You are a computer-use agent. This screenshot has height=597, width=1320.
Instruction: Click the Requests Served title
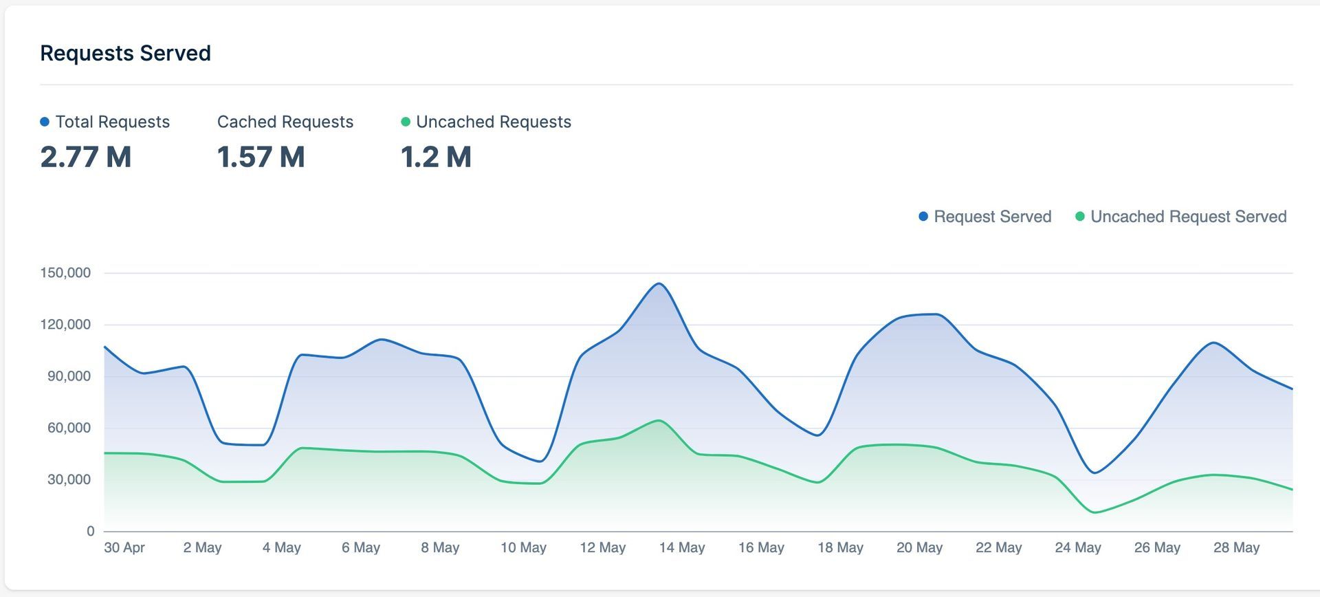[x=125, y=53]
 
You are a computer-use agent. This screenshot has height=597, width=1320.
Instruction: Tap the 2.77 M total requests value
[x=85, y=157]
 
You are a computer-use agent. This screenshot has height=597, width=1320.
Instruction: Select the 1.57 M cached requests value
[x=261, y=157]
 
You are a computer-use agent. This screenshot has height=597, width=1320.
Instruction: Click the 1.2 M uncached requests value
[x=436, y=157]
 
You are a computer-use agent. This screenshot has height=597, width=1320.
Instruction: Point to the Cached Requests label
[x=285, y=122]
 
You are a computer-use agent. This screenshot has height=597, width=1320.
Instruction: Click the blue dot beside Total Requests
[x=45, y=122]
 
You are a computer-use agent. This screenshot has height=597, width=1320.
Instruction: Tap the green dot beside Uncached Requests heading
[x=406, y=122]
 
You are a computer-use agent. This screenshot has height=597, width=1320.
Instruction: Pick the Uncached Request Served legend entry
[x=1180, y=217]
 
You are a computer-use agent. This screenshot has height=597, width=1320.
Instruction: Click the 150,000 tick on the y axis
[x=65, y=273]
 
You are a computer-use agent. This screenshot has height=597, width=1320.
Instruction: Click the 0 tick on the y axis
[x=90, y=531]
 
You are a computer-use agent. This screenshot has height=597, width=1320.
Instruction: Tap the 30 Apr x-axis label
[x=124, y=547]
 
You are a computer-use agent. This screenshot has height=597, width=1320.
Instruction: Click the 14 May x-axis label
[x=682, y=547]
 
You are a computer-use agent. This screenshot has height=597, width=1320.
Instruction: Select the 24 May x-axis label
[x=1078, y=547]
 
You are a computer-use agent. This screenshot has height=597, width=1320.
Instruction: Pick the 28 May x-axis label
[x=1236, y=547]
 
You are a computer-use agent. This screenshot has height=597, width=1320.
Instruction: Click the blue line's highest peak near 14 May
[x=659, y=283]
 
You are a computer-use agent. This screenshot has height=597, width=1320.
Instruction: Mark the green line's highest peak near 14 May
[x=659, y=420]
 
